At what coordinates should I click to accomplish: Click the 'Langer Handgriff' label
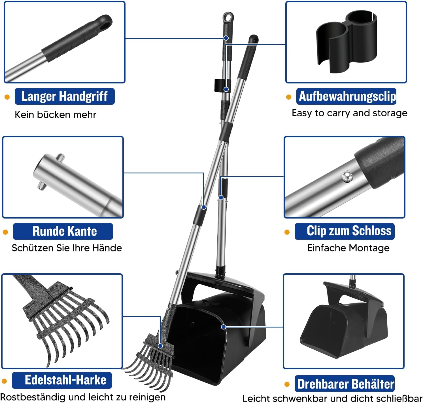65,96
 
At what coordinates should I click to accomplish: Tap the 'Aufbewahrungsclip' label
346,96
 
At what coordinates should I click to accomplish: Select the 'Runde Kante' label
63,231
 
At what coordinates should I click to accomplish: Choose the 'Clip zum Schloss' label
345,231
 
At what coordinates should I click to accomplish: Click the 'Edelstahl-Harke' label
62,380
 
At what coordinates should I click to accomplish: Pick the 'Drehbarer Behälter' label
345,383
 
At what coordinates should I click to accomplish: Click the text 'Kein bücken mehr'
56,114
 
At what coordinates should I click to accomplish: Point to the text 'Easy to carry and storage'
349,113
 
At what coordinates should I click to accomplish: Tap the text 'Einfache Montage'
348,248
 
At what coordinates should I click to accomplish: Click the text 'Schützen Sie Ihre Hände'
67,248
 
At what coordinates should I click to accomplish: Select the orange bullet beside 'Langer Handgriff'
7,97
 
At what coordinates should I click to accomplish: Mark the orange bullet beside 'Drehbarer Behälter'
287,384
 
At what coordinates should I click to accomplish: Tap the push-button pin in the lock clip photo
347,177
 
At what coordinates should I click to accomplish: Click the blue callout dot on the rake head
160,346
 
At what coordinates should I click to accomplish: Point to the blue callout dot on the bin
224,327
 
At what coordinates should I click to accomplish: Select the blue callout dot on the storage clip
226,89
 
